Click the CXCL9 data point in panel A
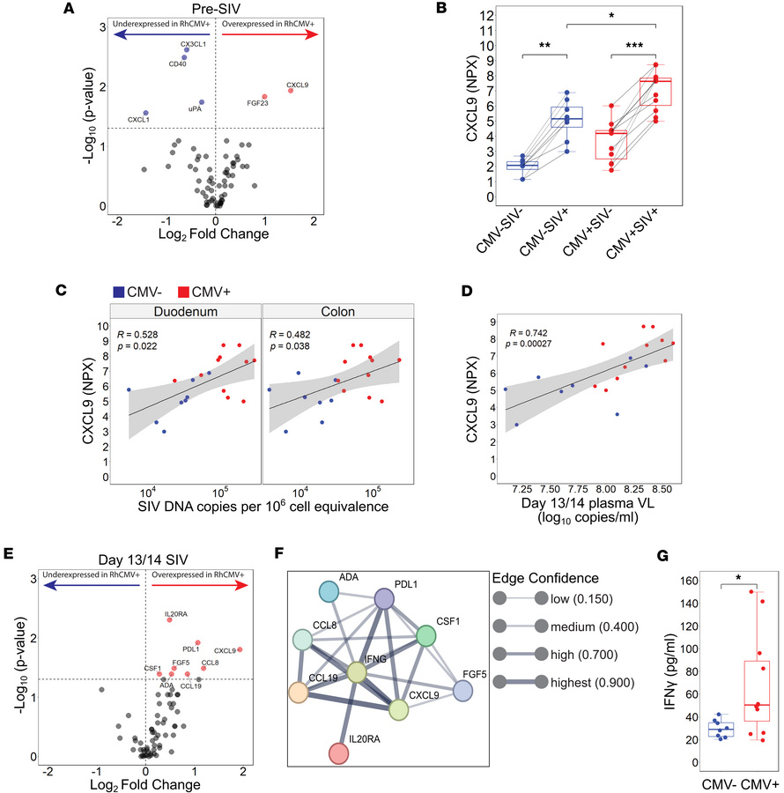coord(291,91)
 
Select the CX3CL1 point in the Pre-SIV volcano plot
coord(186,50)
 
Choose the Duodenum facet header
coord(186,310)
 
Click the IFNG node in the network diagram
coord(356,673)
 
